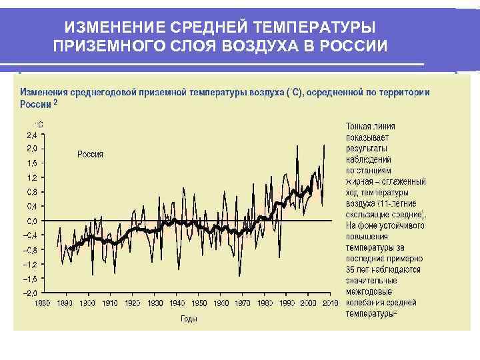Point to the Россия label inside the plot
[90, 154]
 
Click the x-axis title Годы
[189, 319]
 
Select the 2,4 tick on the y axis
[32, 134]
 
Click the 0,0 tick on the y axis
[32, 221]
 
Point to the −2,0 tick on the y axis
[31, 293]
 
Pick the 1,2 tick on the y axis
[32, 177]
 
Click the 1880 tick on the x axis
[43, 303]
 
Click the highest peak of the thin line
[324, 145]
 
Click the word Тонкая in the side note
[359, 125]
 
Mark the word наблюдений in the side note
[368, 159]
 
